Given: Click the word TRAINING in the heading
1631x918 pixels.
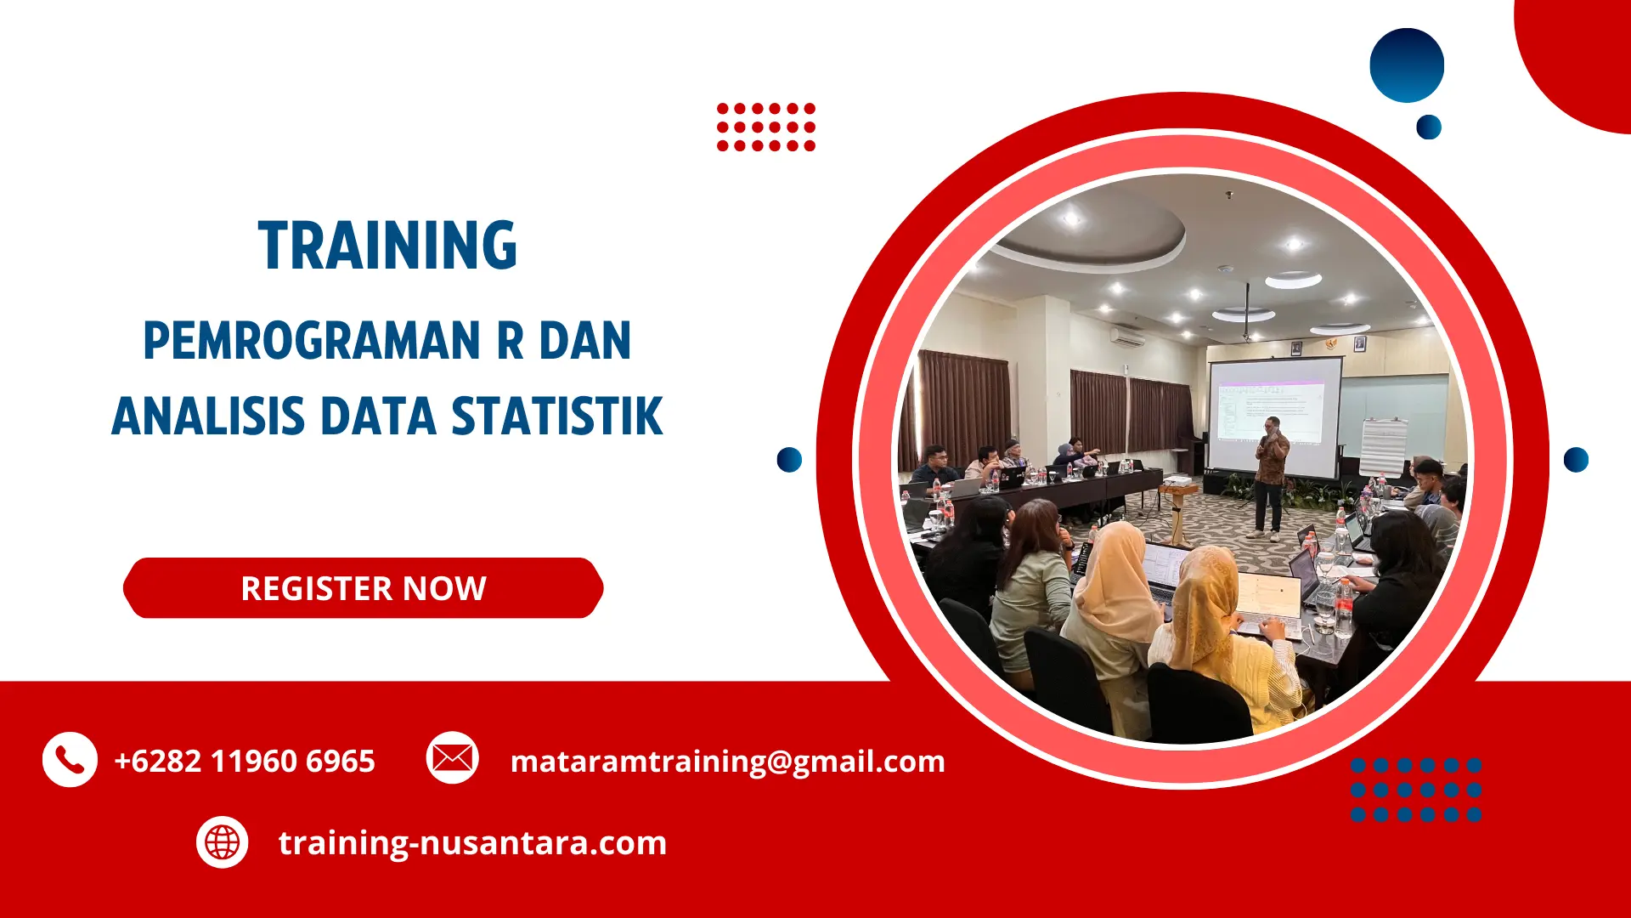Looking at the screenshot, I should (387, 246).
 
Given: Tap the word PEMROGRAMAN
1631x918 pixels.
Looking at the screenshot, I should (312, 341).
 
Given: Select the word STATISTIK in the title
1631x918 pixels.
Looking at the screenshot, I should (556, 416).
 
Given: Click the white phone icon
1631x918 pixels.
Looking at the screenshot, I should (70, 759).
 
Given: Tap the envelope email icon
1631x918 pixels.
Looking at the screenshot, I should (452, 757).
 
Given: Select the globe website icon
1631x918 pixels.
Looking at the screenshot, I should (222, 842).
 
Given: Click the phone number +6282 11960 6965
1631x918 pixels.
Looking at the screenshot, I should (245, 761).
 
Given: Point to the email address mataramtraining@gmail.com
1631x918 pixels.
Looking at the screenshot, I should (727, 761).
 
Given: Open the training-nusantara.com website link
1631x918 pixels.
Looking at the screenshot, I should (472, 842).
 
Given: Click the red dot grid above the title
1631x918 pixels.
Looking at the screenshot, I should (765, 127).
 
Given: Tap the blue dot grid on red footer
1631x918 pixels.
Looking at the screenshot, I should (1415, 790).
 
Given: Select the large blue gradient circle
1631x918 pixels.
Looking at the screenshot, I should (1407, 65).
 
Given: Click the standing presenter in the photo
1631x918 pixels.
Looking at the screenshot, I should (1271, 476).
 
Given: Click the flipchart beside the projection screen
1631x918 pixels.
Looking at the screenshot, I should (1382, 446).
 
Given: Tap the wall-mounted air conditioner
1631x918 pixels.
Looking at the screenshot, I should (1128, 337).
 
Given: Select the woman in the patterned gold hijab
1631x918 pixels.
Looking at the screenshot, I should (1206, 612).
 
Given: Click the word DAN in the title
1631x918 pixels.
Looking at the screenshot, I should (585, 341).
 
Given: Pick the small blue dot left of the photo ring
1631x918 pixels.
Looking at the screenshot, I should (789, 459).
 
